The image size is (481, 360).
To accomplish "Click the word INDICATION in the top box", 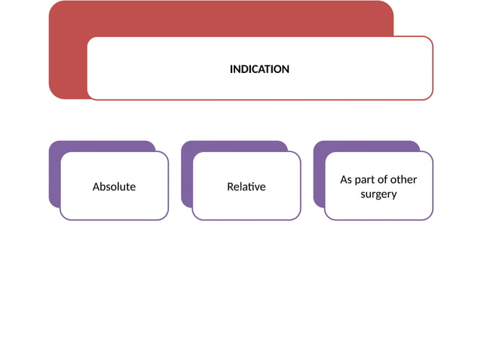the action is pyautogui.click(x=259, y=69).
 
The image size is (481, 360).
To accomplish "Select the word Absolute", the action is pyautogui.click(x=114, y=187).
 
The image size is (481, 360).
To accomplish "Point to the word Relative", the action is pyautogui.click(x=247, y=187).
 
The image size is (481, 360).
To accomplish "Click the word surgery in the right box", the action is pyautogui.click(x=378, y=194).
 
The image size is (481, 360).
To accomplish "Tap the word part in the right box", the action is pyautogui.click(x=363, y=180).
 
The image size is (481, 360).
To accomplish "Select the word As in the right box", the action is pyautogui.click(x=346, y=179).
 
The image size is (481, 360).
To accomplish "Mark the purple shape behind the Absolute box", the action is pyautogui.click(x=54, y=175).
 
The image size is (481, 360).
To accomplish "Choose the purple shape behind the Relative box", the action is pyautogui.click(x=187, y=175).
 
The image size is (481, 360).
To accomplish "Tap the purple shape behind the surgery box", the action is pyautogui.click(x=319, y=175).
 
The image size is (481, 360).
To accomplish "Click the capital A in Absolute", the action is pyautogui.click(x=97, y=187).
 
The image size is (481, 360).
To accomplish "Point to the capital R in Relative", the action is pyautogui.click(x=231, y=187).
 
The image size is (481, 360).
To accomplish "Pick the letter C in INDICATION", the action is pyautogui.click(x=256, y=69).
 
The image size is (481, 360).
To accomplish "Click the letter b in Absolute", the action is pyautogui.click(x=104, y=186).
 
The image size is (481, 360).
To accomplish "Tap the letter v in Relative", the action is pyautogui.click(x=257, y=188).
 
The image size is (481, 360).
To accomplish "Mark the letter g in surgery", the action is pyautogui.click(x=381, y=196).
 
